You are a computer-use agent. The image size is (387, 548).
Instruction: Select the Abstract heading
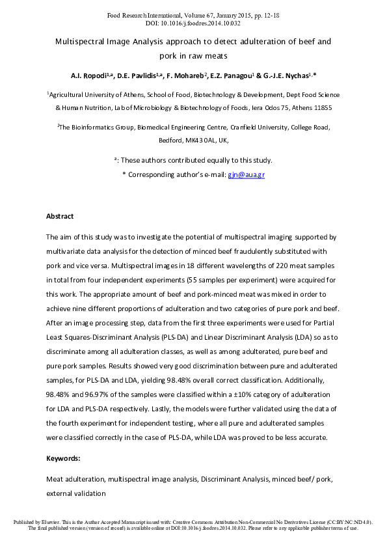60,216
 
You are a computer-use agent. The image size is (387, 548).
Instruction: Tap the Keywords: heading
63,458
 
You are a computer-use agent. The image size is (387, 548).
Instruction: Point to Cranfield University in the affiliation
244,128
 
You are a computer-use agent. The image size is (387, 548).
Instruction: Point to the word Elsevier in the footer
52,522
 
